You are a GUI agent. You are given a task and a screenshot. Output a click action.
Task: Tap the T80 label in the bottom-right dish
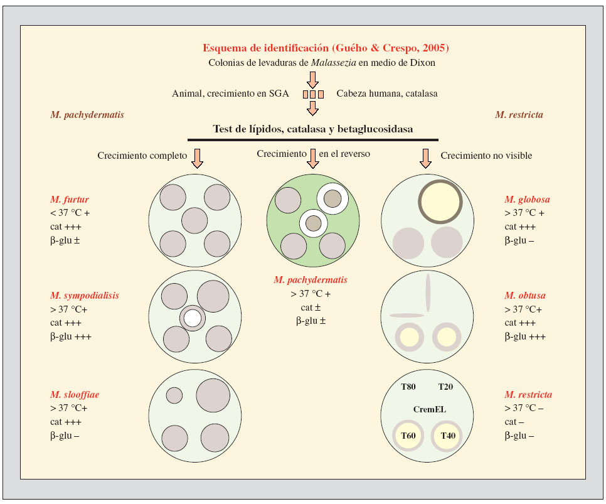coord(410,387)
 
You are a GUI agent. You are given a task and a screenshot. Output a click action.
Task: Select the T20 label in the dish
coord(445,387)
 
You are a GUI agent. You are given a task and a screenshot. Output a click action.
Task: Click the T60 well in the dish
coord(408,436)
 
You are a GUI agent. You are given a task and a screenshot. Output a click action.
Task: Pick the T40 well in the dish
coord(447,436)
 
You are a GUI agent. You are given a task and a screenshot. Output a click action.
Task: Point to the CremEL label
coord(428,409)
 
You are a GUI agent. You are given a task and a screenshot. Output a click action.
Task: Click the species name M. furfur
coord(70,199)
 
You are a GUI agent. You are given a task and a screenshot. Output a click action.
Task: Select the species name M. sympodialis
coord(85,295)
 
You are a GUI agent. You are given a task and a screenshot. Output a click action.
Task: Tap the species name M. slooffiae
coord(75,395)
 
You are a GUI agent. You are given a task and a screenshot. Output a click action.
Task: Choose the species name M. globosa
coord(527,199)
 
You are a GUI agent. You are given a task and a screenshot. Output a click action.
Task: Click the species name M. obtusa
coord(524,295)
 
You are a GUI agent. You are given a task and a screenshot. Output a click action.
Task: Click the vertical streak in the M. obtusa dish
coord(428,293)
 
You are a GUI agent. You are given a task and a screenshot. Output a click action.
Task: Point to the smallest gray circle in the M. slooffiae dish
coord(174,395)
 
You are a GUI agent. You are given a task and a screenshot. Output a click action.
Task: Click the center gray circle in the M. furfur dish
coord(194,220)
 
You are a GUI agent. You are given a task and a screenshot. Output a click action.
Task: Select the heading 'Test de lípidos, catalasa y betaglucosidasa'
coord(313,129)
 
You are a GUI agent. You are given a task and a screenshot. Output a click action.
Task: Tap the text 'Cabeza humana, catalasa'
coord(386,94)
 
